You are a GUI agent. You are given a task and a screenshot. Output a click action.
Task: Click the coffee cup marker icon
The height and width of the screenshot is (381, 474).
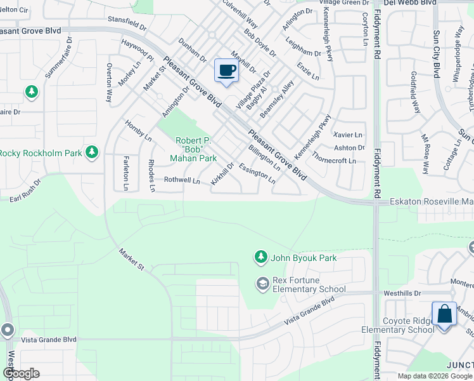coord(226,70)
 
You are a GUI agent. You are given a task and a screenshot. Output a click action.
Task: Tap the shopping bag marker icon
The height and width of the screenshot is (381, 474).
coord(444,314)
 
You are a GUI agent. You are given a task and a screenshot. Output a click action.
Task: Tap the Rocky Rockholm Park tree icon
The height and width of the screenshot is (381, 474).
coord(93,152)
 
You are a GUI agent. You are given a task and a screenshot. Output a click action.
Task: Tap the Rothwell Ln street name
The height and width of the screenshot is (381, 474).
coord(182,180)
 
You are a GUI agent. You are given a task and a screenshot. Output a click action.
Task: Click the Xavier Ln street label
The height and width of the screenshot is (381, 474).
coord(347,135)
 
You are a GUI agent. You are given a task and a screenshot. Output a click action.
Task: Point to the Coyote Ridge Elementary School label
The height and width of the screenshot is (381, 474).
coord(397,325)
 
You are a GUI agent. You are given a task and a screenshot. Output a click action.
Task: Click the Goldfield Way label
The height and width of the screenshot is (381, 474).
coord(416,92)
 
